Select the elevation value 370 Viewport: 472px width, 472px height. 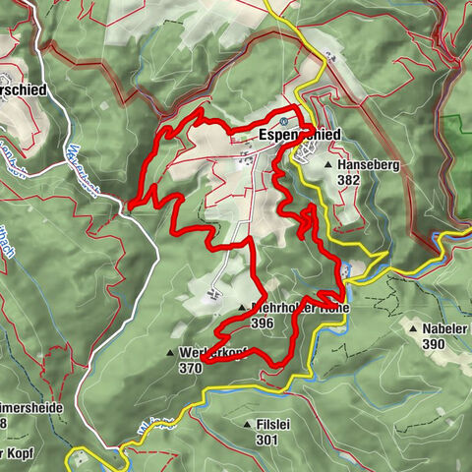191,368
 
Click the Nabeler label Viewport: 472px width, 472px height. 441,329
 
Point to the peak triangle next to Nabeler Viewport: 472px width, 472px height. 413,329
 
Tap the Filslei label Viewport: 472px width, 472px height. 273,425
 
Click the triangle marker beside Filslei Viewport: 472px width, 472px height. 247,425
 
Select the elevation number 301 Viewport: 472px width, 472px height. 266,440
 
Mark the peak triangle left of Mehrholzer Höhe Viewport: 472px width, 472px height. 241,308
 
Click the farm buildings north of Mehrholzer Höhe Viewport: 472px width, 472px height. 215,292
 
